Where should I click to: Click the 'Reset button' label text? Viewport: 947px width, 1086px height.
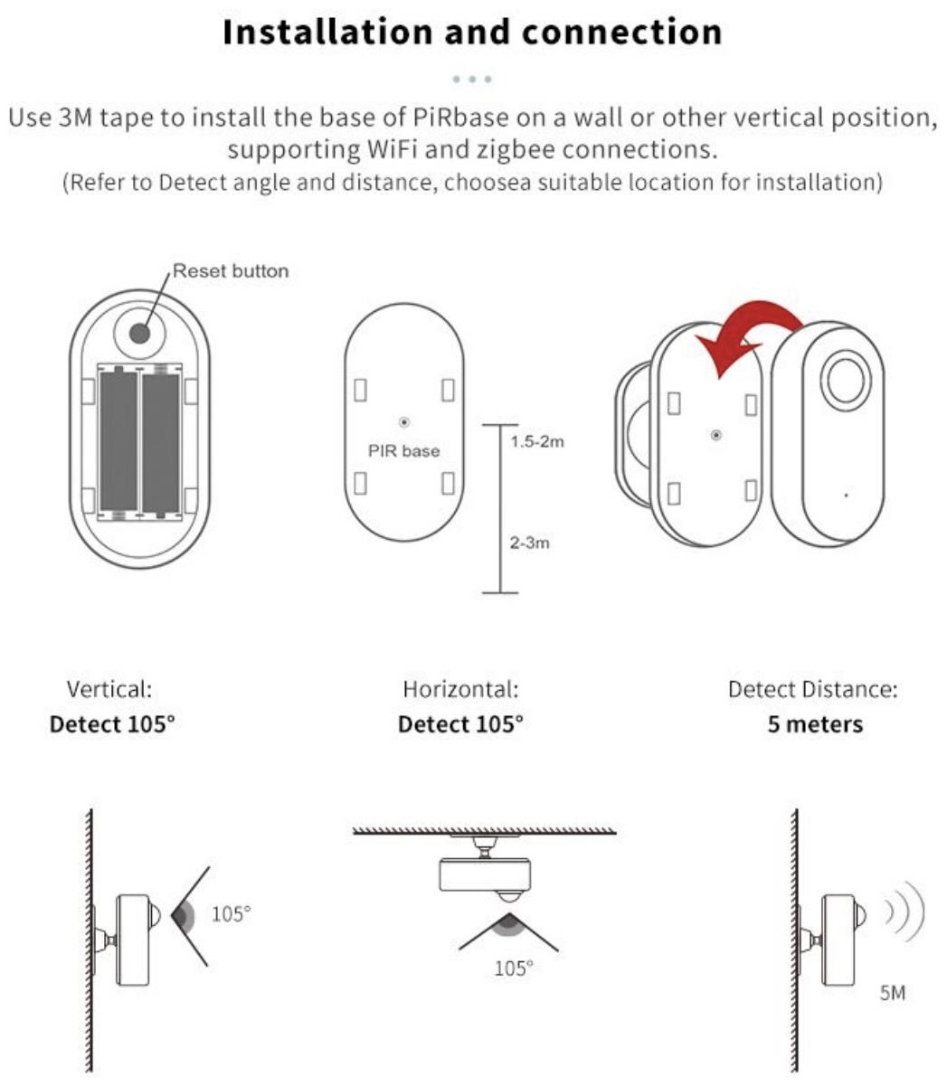[x=231, y=270]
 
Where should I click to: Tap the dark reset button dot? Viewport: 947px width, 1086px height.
[x=139, y=334]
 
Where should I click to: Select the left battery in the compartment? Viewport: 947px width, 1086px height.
[x=118, y=440]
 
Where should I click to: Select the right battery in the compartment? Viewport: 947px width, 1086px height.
[x=161, y=441]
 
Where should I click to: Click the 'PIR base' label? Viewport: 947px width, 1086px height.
[x=404, y=450]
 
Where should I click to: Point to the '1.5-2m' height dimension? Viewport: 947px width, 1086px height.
[x=537, y=441]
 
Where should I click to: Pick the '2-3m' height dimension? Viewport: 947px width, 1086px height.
[x=529, y=543]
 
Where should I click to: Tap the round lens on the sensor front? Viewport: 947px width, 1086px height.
[x=846, y=380]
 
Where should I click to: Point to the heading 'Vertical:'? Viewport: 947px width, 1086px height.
[x=109, y=690]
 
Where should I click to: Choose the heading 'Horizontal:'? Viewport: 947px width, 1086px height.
[x=460, y=690]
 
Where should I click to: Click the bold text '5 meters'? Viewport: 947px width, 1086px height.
[x=815, y=724]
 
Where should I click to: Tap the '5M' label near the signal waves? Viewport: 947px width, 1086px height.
[x=893, y=993]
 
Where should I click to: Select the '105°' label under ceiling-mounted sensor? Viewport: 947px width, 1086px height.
[x=514, y=968]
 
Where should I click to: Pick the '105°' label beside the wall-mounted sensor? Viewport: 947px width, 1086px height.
[x=231, y=914]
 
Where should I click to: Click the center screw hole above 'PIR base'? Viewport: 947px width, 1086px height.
[x=404, y=422]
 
